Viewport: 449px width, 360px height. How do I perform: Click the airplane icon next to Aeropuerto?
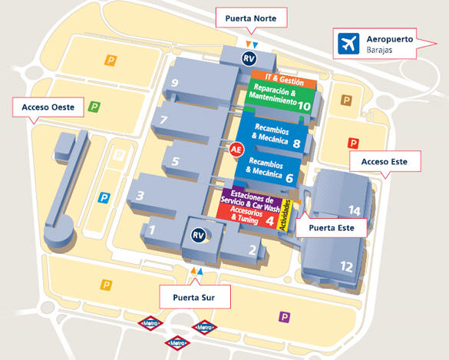pyautogui.click(x=348, y=44)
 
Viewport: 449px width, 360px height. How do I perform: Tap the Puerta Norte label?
pyautogui.click(x=251, y=18)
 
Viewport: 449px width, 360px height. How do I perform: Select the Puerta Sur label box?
pyautogui.click(x=195, y=297)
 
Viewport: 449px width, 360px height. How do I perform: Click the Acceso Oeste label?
pyautogui.click(x=48, y=107)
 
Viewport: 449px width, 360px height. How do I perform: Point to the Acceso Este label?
pyautogui.click(x=385, y=161)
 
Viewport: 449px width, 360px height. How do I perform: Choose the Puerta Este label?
pyautogui.click(x=332, y=228)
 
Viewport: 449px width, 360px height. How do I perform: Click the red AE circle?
pyautogui.click(x=236, y=150)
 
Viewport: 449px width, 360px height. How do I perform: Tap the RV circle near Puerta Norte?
pyautogui.click(x=249, y=58)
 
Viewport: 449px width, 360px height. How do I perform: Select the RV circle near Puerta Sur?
pyautogui.click(x=199, y=236)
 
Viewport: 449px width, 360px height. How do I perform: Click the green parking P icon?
pyautogui.click(x=94, y=107)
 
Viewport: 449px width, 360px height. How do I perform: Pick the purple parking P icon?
pyautogui.click(x=284, y=317)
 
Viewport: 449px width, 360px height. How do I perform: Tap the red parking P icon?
pyautogui.click(x=353, y=143)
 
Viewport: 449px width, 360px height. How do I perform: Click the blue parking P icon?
pyautogui.click(x=104, y=197)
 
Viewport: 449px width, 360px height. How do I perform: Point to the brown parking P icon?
pyautogui.click(x=346, y=101)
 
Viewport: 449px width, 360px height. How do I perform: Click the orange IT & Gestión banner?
pyautogui.click(x=284, y=79)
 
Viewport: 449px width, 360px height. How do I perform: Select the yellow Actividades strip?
pyautogui.click(x=286, y=214)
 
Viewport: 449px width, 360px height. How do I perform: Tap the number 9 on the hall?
pyautogui.click(x=175, y=83)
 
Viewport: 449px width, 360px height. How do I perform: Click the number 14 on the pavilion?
pyautogui.click(x=355, y=211)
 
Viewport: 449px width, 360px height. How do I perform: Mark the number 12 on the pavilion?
pyautogui.click(x=346, y=266)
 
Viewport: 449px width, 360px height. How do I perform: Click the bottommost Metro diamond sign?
pyautogui.click(x=177, y=343)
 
